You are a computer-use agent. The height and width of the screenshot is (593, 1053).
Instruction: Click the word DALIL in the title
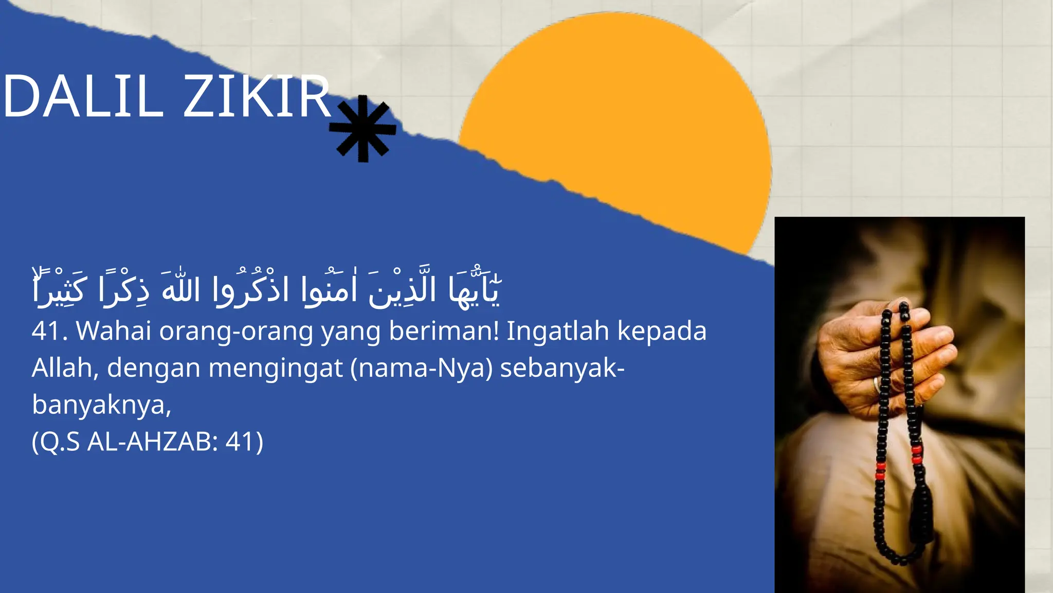tap(82, 97)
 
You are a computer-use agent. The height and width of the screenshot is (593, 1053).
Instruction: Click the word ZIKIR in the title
tap(257, 97)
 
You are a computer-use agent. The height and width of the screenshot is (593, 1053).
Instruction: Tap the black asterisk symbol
tap(363, 129)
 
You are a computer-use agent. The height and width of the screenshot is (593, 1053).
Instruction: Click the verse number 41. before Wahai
tap(49, 331)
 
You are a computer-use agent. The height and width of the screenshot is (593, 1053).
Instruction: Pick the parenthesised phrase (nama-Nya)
tap(422, 369)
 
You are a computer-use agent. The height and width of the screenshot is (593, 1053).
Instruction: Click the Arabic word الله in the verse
tap(180, 290)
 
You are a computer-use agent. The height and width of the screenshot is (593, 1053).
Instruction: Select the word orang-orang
tap(236, 331)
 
